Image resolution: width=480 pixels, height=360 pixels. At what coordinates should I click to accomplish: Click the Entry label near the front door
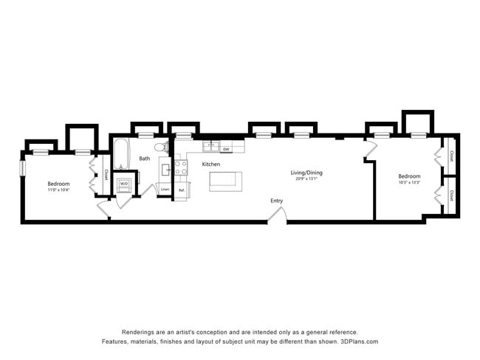coord(276,201)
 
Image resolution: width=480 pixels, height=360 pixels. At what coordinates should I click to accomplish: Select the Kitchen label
coord(211,164)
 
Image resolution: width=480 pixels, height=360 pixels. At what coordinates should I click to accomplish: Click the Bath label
coord(144,158)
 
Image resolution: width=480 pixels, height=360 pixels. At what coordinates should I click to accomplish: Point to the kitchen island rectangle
coord(225,181)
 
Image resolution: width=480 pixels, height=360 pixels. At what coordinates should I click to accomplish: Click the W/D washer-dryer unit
coord(124,184)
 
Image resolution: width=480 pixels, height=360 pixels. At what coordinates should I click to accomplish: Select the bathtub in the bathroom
coord(120,155)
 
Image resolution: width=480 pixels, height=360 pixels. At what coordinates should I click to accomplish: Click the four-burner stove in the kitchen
coord(181,167)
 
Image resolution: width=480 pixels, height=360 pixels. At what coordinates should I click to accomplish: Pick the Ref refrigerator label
coord(181,190)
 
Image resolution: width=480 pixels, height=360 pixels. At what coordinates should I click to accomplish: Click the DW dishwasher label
coord(227,150)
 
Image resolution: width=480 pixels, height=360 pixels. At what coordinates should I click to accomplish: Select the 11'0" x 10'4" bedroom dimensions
coord(58,190)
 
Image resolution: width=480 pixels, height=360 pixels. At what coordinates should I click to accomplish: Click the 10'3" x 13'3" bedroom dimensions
coord(408,182)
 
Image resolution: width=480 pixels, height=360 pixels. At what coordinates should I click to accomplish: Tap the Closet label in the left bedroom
coord(106,175)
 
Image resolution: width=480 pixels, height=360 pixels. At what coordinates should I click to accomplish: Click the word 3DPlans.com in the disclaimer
coord(357,342)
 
